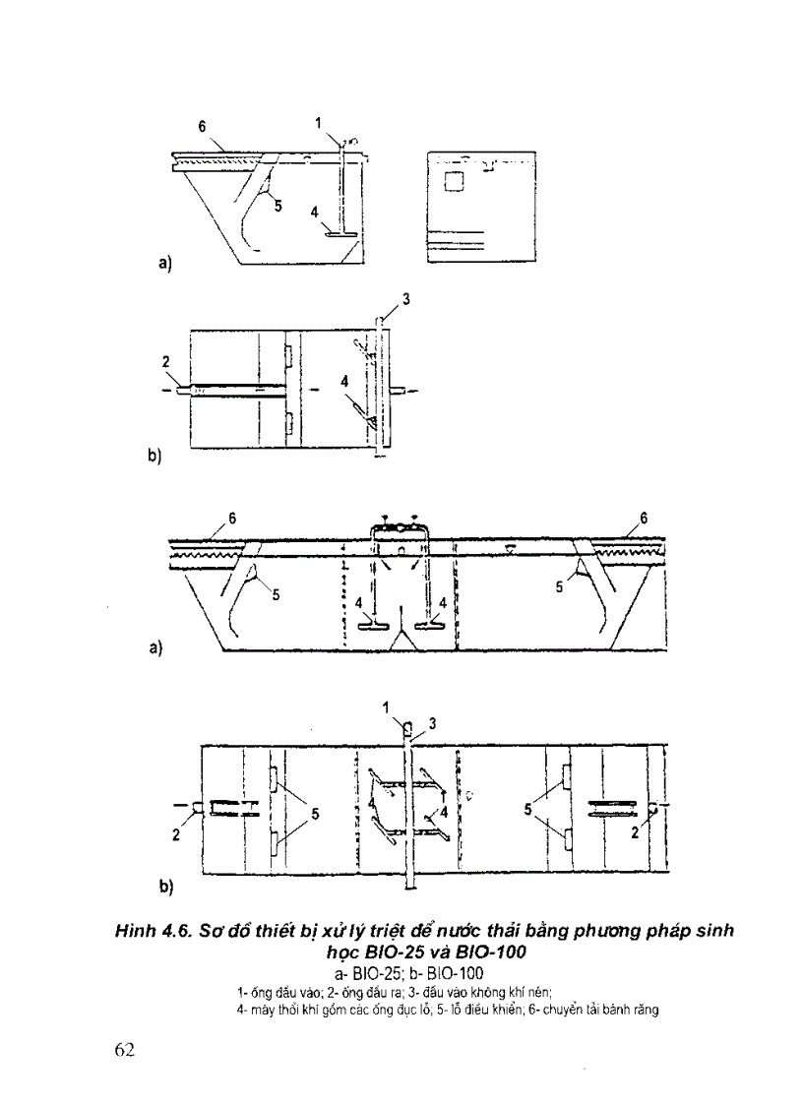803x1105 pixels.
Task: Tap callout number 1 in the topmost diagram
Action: pyautogui.click(x=319, y=123)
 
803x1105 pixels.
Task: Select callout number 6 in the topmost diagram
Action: pyautogui.click(x=202, y=127)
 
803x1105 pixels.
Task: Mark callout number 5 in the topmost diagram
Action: pyautogui.click(x=278, y=205)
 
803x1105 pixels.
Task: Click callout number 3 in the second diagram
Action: pyautogui.click(x=405, y=297)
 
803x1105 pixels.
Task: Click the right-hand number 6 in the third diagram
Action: pyautogui.click(x=644, y=519)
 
